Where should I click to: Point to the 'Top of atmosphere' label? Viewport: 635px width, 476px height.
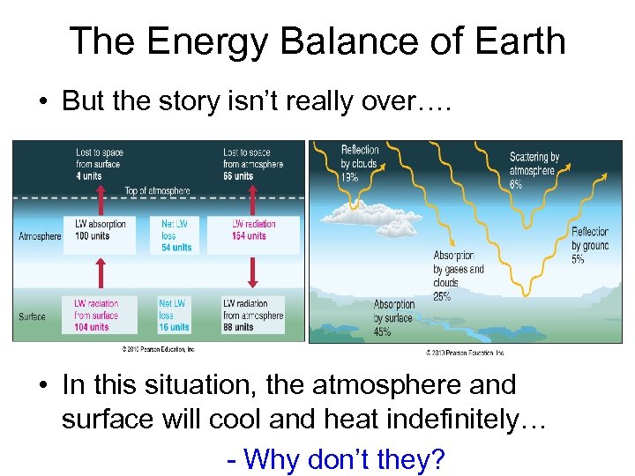(157, 191)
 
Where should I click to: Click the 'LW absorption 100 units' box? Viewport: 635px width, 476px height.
(101, 230)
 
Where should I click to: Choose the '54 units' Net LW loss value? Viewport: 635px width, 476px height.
(176, 248)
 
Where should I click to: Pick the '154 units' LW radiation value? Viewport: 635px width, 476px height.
(249, 236)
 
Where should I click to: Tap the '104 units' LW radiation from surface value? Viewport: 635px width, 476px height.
(92, 327)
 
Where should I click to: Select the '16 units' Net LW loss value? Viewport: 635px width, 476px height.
(174, 327)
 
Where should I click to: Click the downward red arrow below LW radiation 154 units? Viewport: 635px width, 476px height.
(252, 272)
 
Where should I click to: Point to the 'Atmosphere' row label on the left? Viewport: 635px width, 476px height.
(40, 236)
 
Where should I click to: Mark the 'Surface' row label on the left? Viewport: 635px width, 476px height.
(33, 316)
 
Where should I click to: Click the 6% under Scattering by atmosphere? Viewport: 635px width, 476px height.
(516, 185)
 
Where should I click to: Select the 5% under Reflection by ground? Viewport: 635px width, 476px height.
(579, 259)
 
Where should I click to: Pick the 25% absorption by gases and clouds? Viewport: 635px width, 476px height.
(442, 296)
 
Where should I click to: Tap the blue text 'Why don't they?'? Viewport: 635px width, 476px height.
(344, 459)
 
